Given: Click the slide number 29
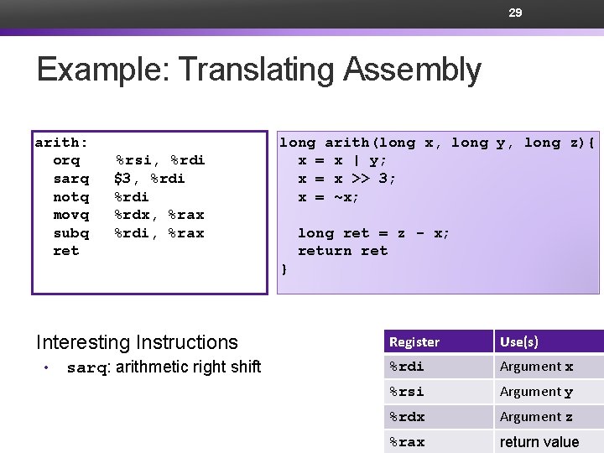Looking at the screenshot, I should [x=515, y=13].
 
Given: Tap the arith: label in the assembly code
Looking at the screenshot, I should [x=61, y=143].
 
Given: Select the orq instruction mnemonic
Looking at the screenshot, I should [x=66, y=160].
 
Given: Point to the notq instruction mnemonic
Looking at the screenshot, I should [x=70, y=197].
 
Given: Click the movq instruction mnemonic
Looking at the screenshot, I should [x=70, y=215].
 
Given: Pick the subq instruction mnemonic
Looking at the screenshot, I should [x=70, y=233].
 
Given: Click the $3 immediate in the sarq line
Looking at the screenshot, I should [x=124, y=179].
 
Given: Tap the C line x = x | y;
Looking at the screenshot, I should [x=342, y=160].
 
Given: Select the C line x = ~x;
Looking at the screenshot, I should [x=329, y=197].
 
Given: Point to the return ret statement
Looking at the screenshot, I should [x=342, y=251].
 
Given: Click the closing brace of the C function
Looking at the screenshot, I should [x=284, y=269].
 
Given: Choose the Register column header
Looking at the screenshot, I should [x=414, y=342].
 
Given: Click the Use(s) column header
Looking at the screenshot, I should [x=519, y=342].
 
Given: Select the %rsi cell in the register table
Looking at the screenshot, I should [x=407, y=392].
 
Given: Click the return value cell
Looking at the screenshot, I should [x=539, y=442].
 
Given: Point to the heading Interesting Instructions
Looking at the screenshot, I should [x=137, y=342].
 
